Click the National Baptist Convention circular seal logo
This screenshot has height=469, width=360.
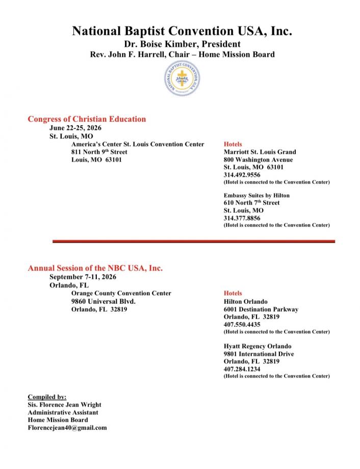[182, 81]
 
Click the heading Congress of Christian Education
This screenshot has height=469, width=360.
[87, 119]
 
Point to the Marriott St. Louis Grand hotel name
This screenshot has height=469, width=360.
[260, 152]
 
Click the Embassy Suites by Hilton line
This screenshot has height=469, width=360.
[256, 195]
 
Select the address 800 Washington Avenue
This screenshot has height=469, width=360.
[258, 160]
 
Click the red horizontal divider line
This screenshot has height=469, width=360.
[194, 241]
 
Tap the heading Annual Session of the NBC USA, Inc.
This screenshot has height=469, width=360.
[95, 268]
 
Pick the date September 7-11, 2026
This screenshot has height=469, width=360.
[83, 277]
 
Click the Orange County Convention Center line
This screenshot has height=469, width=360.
[121, 293]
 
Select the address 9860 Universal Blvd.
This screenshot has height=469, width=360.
[104, 301]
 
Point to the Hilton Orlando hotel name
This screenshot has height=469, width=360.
[245, 301]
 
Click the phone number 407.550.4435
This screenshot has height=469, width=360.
[242, 324]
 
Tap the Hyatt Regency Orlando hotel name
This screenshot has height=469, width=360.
[258, 346]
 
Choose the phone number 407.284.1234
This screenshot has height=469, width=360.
[242, 369]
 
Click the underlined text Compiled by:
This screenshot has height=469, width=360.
[47, 397]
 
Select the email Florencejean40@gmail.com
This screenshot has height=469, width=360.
[67, 428]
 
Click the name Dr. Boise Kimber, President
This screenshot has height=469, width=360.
[182, 44]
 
